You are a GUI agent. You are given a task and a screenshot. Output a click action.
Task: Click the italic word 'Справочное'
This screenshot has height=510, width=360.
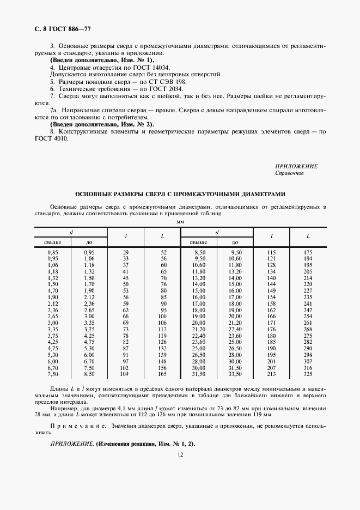click(290, 173)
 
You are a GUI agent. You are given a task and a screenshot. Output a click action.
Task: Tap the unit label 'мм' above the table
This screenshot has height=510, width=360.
click(180, 223)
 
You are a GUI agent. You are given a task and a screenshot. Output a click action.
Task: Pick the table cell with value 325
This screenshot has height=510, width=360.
click(308, 375)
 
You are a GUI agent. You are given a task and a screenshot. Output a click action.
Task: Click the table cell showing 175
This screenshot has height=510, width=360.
click(308, 253)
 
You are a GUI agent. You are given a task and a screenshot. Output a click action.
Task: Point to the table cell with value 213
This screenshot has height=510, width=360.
click(272, 375)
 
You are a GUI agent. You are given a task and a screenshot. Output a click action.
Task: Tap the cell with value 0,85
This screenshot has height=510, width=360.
click(53, 253)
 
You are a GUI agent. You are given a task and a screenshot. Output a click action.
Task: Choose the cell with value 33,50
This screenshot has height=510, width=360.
click(235, 375)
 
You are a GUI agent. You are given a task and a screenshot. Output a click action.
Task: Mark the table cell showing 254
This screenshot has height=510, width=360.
click(308, 316)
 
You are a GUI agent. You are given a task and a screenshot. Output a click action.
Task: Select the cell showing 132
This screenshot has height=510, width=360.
click(162, 348)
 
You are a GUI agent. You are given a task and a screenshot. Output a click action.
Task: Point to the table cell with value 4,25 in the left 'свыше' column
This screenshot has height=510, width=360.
click(53, 341)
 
